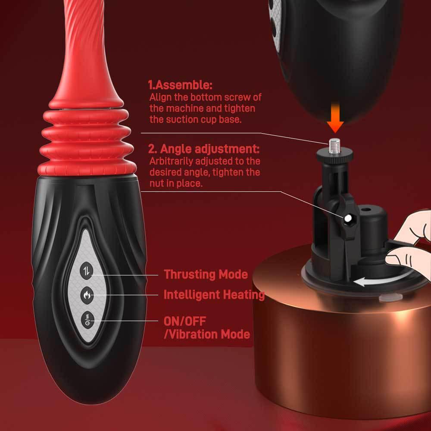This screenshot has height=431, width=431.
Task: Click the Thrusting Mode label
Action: click(x=206, y=274)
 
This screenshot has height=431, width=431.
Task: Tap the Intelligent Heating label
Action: click(x=214, y=295)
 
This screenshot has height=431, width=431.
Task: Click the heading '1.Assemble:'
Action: click(x=180, y=85)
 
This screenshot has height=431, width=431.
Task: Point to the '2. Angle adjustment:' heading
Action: click(x=204, y=150)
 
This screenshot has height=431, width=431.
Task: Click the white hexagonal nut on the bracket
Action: click(x=347, y=220)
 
